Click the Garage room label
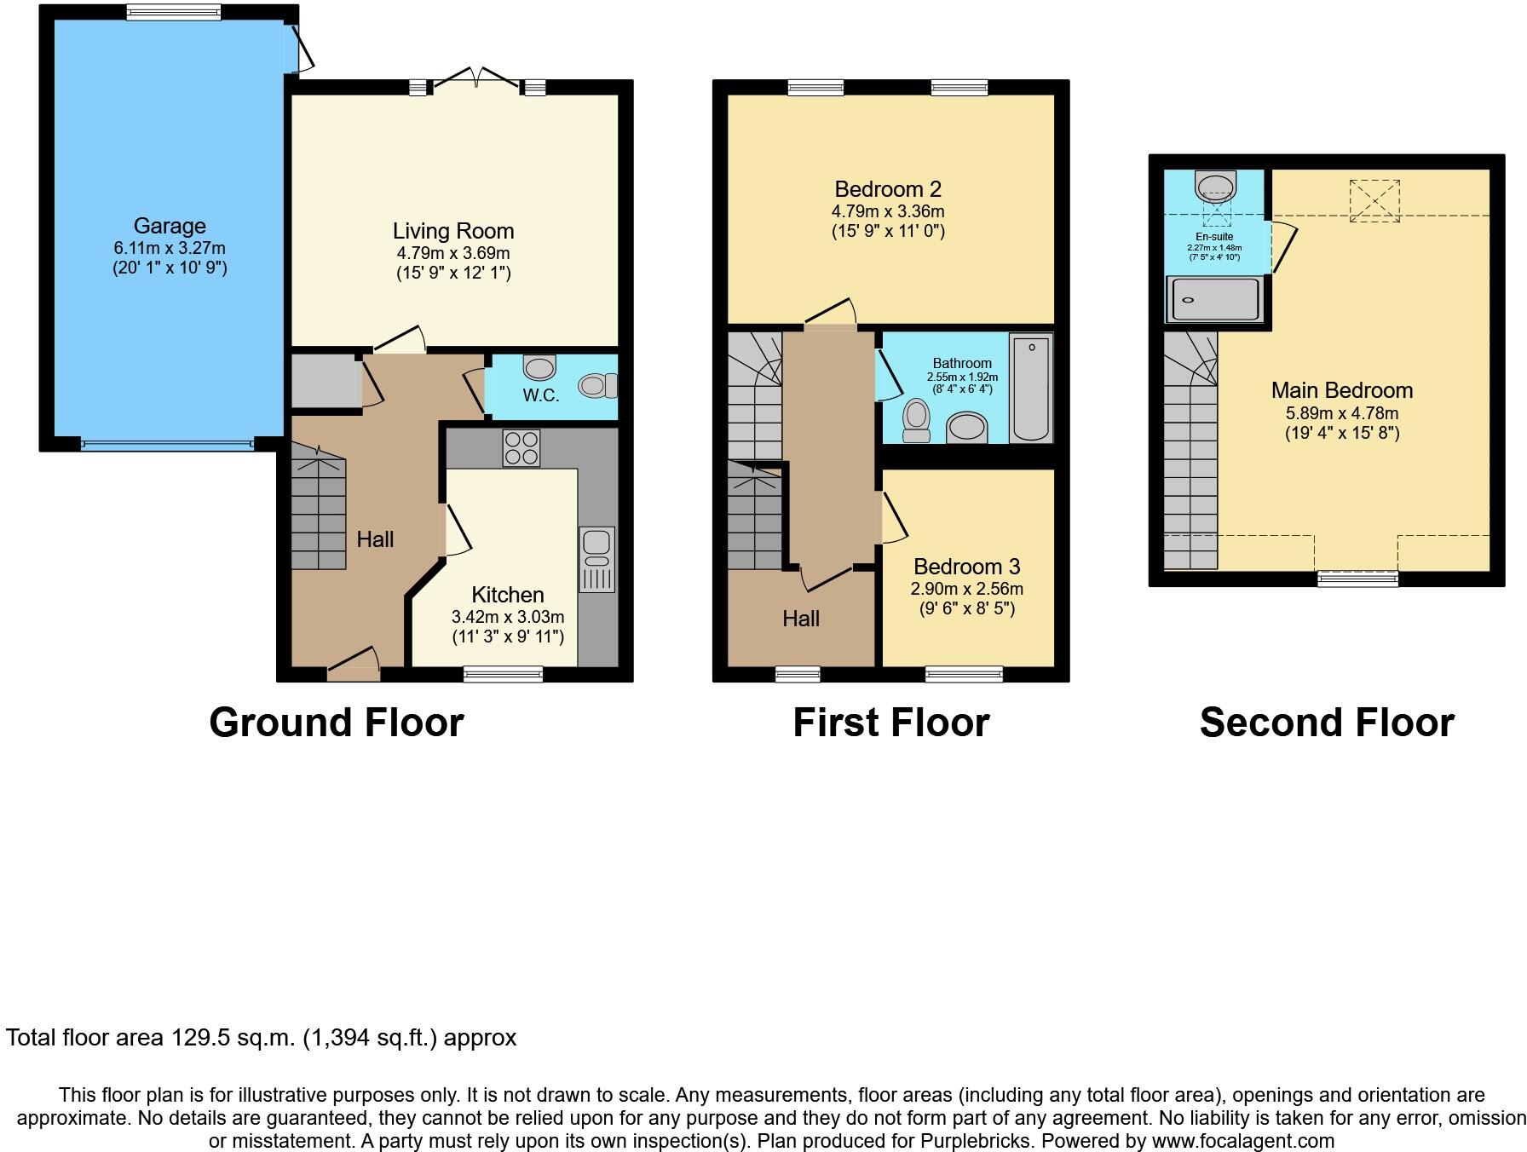coord(170,226)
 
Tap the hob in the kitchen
coord(521,448)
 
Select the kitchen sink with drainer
coord(596,560)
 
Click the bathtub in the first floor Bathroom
coord(1031,388)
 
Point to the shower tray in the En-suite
coord(1216,300)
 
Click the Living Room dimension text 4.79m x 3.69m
coord(453,253)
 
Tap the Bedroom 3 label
coord(966,567)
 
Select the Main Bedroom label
coord(1341,390)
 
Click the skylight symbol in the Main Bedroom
coord(1374,201)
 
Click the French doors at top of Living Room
coord(477,81)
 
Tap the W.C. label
coord(541,395)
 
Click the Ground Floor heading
coord(337,723)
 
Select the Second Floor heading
coord(1327,723)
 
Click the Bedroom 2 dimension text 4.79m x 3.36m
coord(888,211)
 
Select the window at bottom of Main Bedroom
coord(1357,579)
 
